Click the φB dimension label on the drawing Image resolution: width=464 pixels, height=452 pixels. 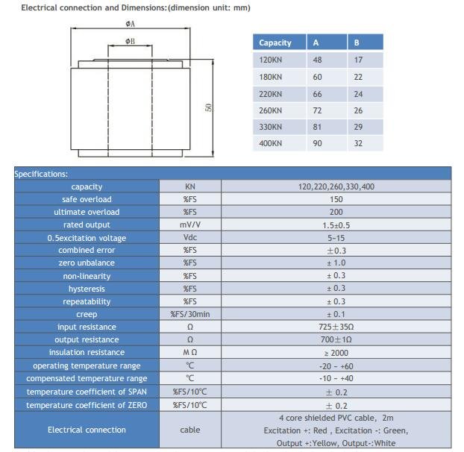pos(131,41)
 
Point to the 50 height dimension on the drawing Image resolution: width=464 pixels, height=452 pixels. pos(210,107)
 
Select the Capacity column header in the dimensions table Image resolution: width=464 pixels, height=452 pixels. pos(275,43)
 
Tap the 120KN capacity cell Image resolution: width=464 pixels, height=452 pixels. pos(271,60)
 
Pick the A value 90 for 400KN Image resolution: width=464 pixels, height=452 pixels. pos(318,143)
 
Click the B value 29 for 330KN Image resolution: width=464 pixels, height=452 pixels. pos(358,127)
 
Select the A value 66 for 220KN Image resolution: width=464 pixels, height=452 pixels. pos(318,94)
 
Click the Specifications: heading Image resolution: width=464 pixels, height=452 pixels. pos(41,174)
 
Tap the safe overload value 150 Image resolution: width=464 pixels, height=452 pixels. pos(336,199)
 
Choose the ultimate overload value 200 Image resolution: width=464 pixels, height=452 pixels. pos(336,212)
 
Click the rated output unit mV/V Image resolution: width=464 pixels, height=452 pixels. pos(189,225)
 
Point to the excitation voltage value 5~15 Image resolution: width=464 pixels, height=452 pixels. pos(336,238)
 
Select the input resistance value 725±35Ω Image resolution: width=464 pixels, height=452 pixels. pos(336,327)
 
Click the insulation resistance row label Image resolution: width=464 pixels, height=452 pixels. pos(87,352)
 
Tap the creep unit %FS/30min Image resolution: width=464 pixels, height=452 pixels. pos(189,314)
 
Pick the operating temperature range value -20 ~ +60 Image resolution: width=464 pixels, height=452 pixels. pos(336,365)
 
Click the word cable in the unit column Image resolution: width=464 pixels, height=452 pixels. pos(189,430)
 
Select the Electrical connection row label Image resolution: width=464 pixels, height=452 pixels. pos(87,430)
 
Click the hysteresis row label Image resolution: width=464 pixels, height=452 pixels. pos(87,289)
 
